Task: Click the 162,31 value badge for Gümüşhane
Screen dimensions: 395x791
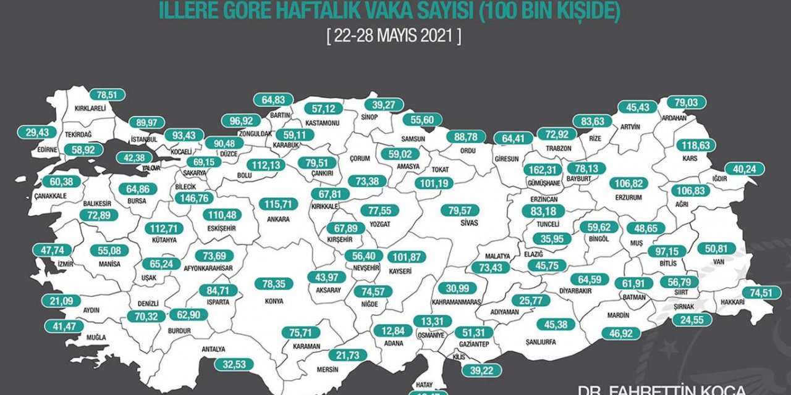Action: [x=544, y=170]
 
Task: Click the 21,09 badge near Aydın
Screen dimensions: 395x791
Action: [x=61, y=301]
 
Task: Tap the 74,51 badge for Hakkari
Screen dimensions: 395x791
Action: [x=761, y=293]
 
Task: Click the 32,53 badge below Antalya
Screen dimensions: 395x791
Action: [x=235, y=365]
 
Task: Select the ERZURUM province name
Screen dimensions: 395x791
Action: [x=629, y=198]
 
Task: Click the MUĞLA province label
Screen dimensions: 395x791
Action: [x=79, y=337]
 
